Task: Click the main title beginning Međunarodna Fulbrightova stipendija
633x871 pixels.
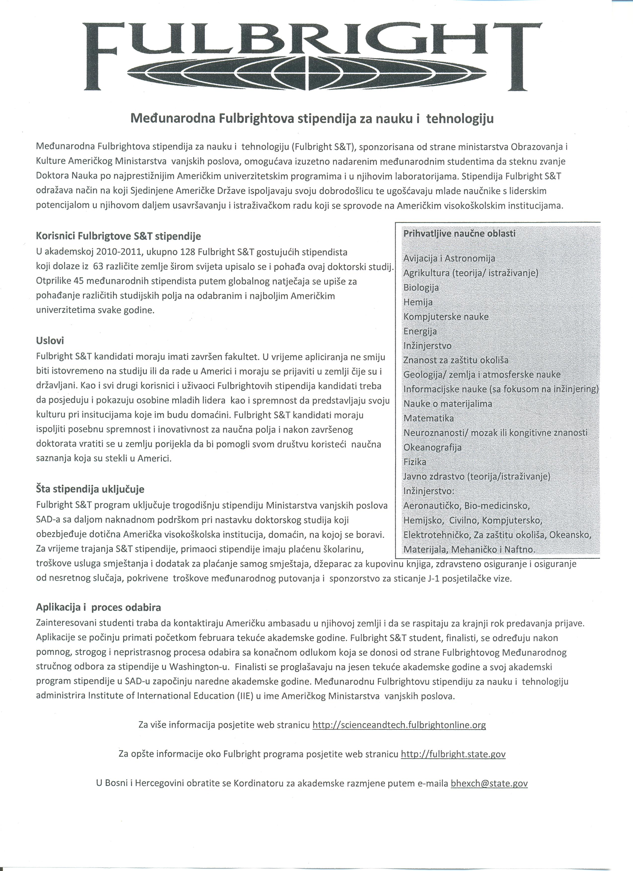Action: (x=312, y=119)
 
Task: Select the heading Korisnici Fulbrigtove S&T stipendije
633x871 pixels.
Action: (x=118, y=236)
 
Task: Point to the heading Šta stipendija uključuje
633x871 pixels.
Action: (x=90, y=489)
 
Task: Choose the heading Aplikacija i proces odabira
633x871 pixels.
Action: (x=98, y=607)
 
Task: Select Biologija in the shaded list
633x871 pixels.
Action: (x=421, y=288)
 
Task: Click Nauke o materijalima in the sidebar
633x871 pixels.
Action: (x=448, y=404)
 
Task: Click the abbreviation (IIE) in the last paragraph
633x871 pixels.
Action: (x=244, y=696)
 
